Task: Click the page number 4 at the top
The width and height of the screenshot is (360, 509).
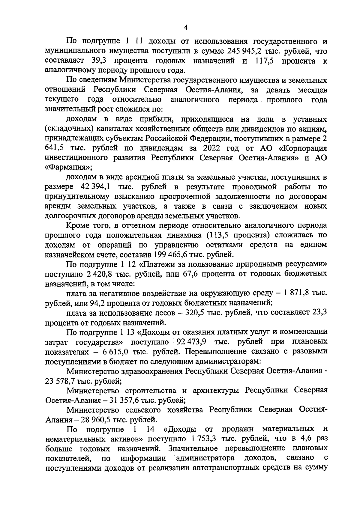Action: click(186, 27)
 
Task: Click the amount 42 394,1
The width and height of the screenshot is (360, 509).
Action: click(95, 187)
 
